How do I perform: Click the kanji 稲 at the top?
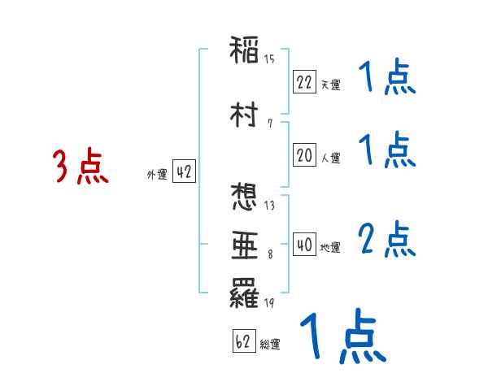coord(245,50)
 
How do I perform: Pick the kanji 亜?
coord(245,245)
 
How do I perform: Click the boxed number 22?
coord(304,81)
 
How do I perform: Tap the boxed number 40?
coord(304,245)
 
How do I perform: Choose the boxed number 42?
coord(184,172)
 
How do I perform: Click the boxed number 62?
coord(242,342)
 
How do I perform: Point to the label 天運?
coord(330,85)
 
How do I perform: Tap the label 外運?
coord(157,175)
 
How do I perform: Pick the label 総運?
coord(270,345)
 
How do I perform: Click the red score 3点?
coord(81,167)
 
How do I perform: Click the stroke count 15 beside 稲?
coord(269,59)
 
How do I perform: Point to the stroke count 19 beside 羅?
coord(269,304)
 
